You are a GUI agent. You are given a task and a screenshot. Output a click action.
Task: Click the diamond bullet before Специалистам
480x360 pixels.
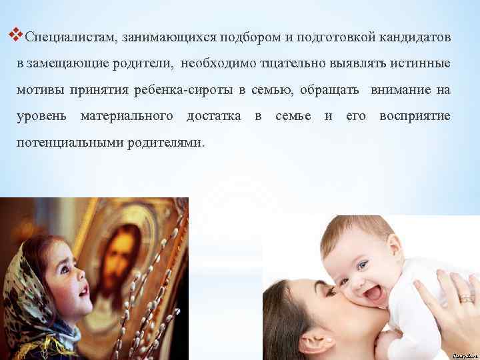point(17,32)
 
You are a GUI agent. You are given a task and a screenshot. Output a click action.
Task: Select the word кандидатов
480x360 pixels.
point(415,37)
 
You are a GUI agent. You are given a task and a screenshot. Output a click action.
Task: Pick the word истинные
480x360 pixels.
point(420,63)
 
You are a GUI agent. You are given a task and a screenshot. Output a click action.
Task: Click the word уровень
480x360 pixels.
point(42,117)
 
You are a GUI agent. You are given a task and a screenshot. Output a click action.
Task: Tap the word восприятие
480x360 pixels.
point(415,117)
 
